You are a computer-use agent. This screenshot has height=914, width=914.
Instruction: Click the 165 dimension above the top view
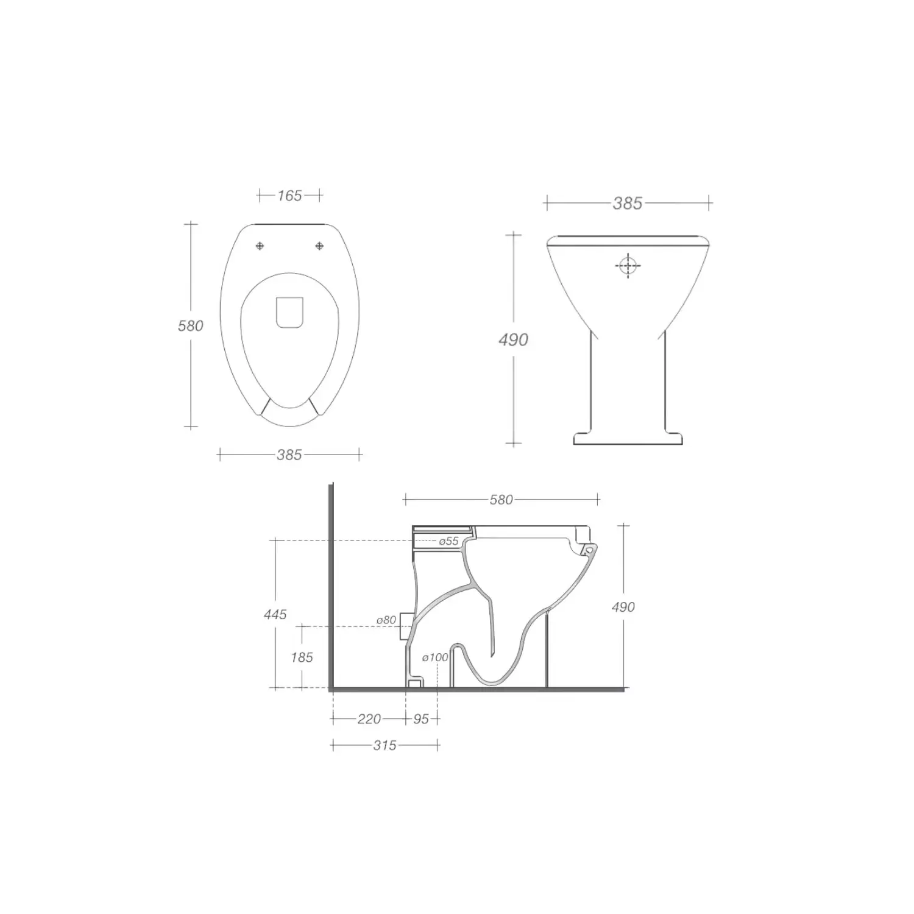[289, 196]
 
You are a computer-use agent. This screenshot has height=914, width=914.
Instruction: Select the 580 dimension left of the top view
[190, 326]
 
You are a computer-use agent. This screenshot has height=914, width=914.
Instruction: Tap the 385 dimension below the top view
[289, 455]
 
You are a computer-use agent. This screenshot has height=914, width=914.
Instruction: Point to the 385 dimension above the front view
[627, 203]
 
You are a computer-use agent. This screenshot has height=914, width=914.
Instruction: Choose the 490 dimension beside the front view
[513, 339]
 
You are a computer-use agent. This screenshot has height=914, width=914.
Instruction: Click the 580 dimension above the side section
[501, 500]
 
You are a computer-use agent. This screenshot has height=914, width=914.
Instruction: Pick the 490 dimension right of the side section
[623, 607]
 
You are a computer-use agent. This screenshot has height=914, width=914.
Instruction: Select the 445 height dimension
[275, 614]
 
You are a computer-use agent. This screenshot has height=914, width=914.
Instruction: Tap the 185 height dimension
[302, 657]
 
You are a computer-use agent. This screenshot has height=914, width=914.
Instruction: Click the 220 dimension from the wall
[369, 719]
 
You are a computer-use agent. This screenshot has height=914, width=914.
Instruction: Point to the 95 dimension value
[421, 719]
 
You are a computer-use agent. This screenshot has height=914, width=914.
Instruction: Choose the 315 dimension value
[384, 745]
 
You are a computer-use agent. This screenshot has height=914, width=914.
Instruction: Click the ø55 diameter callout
[448, 541]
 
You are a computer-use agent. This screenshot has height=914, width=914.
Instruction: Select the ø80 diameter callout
[386, 620]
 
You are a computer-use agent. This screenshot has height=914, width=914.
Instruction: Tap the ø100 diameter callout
[435, 657]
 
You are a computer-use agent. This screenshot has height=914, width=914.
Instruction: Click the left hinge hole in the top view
[260, 246]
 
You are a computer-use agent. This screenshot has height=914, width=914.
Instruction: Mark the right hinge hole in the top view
[319, 246]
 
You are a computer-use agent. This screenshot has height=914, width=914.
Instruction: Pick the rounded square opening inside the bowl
[289, 313]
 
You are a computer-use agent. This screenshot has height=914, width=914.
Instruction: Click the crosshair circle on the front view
[628, 266]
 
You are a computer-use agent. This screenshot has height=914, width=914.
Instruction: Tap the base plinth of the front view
[628, 438]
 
